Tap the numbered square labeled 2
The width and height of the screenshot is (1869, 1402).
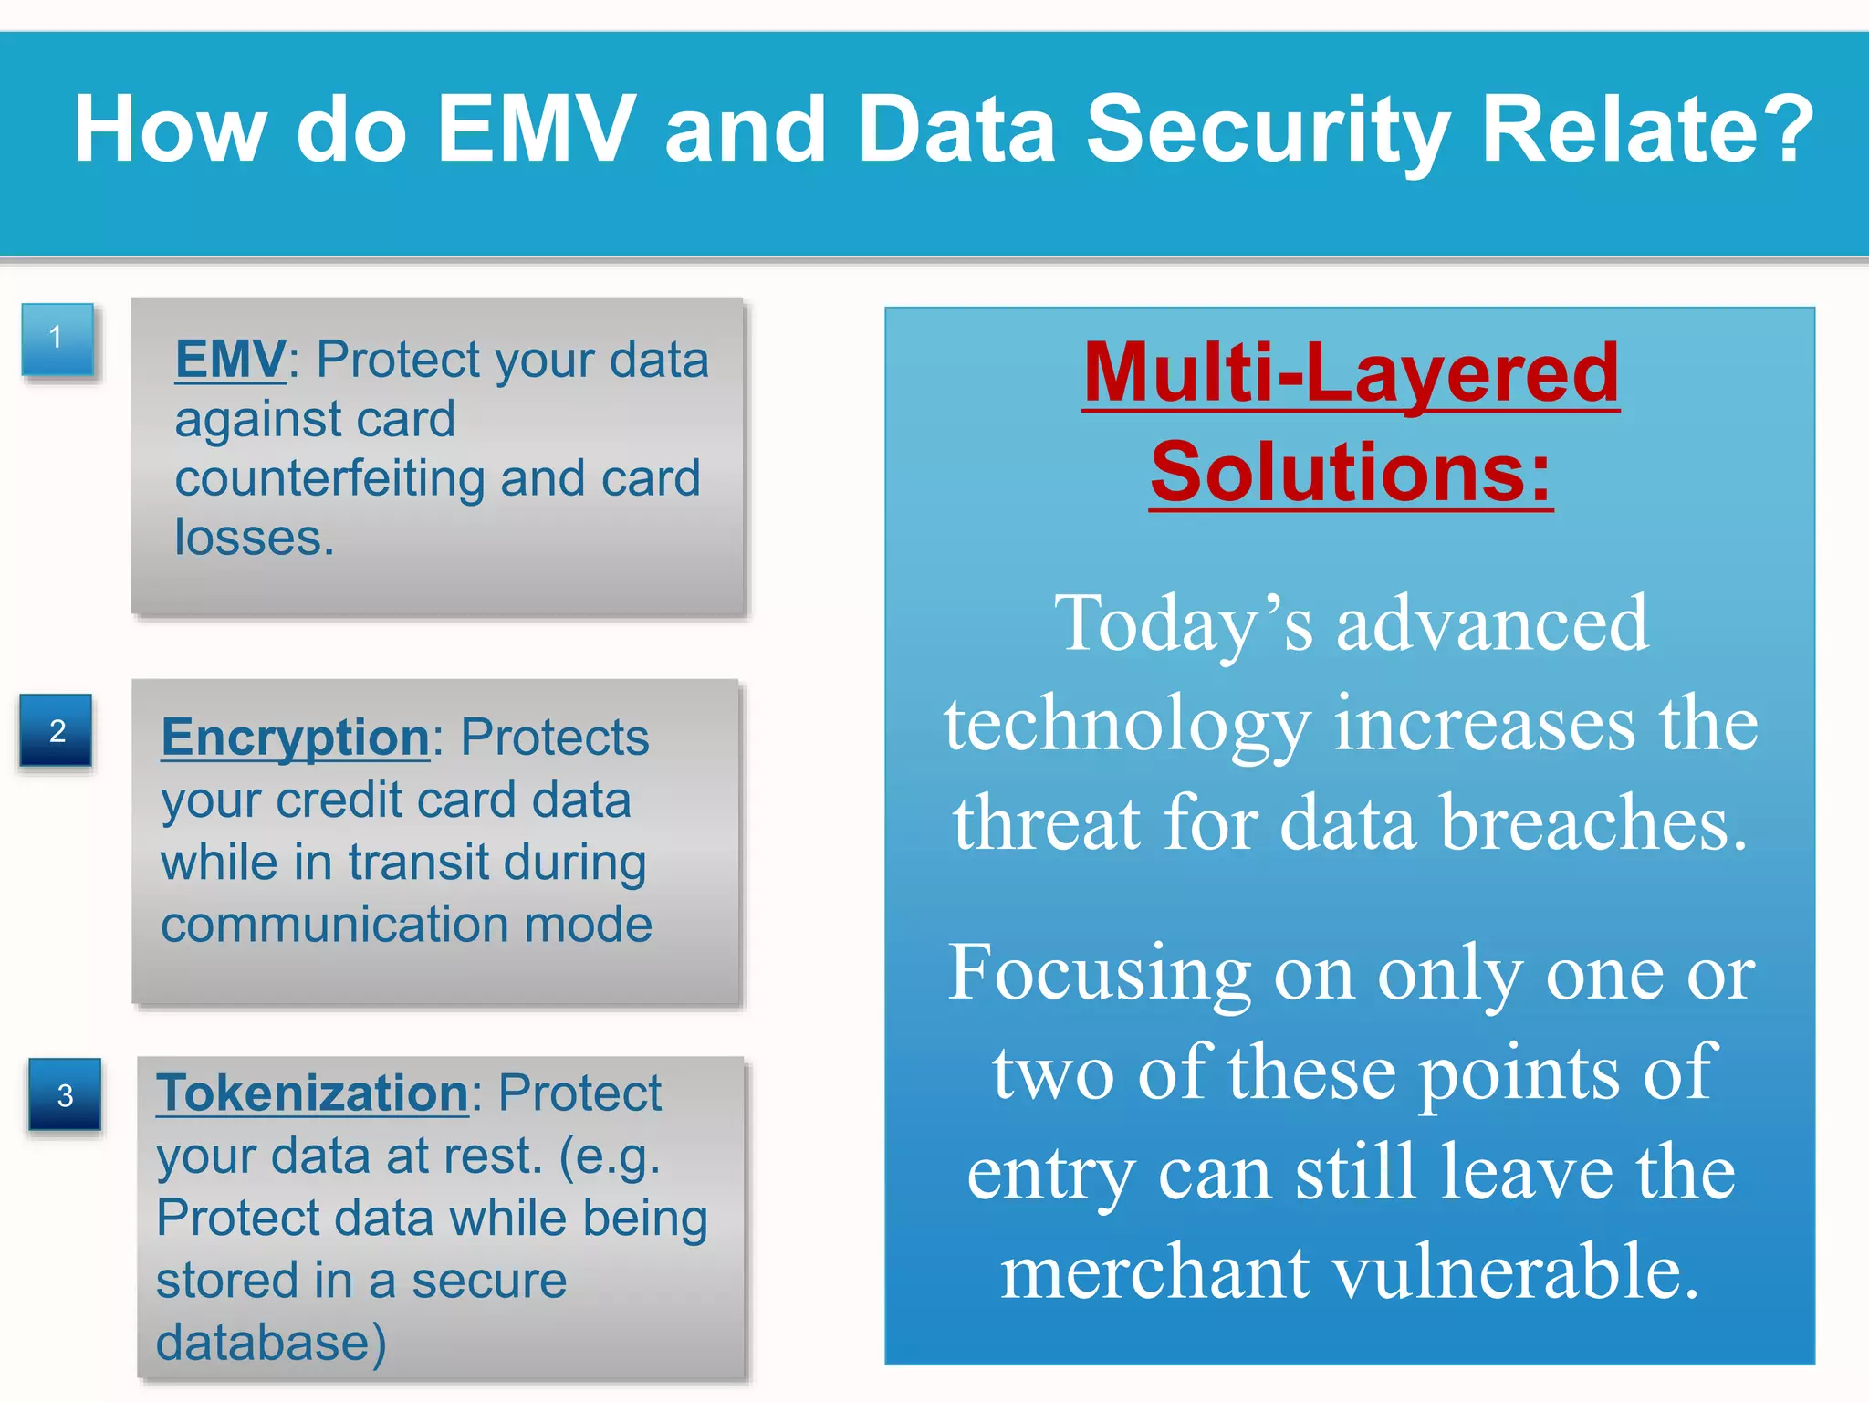(x=57, y=730)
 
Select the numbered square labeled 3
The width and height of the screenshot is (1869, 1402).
(x=65, y=1094)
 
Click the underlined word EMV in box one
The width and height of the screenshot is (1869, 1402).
(x=231, y=360)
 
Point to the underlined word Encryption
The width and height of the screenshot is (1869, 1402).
(x=295, y=738)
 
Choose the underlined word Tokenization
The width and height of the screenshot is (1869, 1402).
(x=312, y=1093)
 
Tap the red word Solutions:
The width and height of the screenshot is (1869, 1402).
(x=1351, y=473)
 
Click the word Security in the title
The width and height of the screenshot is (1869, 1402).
(x=1269, y=130)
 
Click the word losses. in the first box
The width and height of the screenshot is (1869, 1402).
(x=255, y=538)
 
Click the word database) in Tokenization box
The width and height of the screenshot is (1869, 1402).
(x=271, y=1343)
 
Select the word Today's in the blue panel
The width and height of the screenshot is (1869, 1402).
(x=1183, y=624)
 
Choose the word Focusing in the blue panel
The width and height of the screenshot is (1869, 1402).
(x=1099, y=973)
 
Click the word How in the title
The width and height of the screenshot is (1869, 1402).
(x=171, y=130)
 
